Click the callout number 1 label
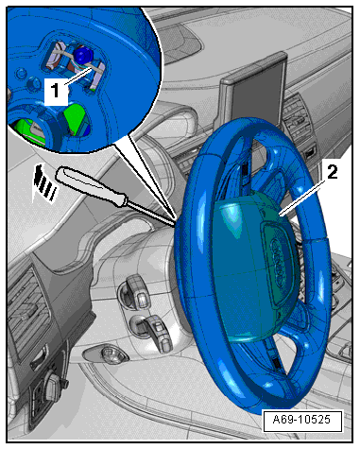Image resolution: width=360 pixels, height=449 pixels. pyautogui.click(x=56, y=90)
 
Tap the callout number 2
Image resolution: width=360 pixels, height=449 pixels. pyautogui.click(x=332, y=172)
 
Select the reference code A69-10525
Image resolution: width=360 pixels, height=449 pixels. pyautogui.click(x=301, y=420)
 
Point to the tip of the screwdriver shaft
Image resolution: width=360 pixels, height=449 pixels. pyautogui.click(x=175, y=225)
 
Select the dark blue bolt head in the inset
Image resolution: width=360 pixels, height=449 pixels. pyautogui.click(x=82, y=55)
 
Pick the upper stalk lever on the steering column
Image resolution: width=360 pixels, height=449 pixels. pyautogui.click(x=139, y=291)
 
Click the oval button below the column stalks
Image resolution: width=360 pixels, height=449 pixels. pyautogui.click(x=107, y=354)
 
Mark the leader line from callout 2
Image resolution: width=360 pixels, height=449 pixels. pyautogui.click(x=303, y=197)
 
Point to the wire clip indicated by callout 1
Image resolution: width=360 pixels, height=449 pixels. pyautogui.click(x=76, y=63)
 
